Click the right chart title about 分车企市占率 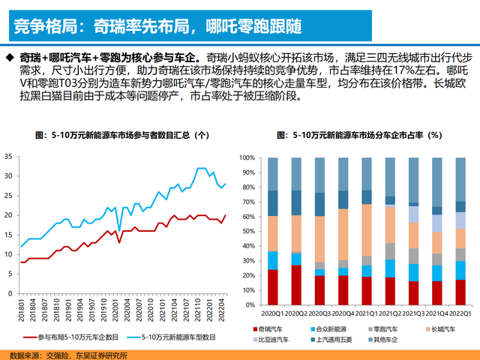pyautogui.click(x=359, y=136)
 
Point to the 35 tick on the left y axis pyautogui.click(x=8, y=157)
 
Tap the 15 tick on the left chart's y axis pyautogui.click(x=8, y=235)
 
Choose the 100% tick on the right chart pyautogui.click(x=249, y=158)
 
